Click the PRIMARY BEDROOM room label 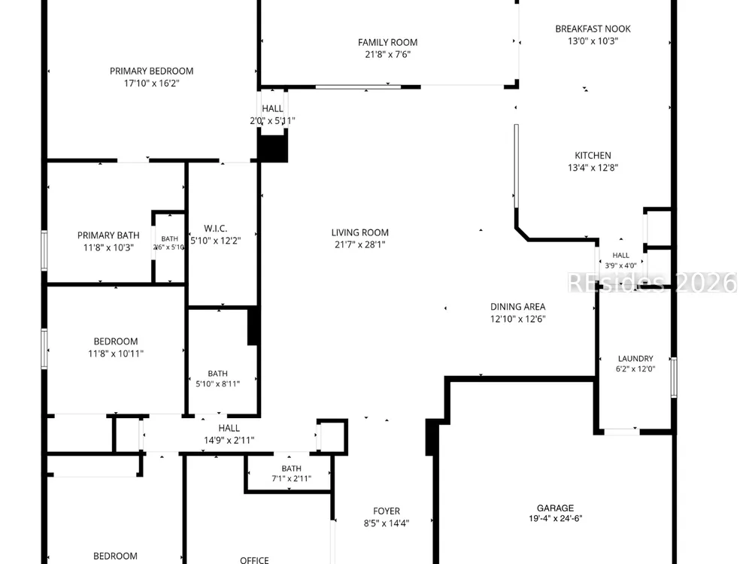pos(152,71)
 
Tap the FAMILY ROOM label pos(387,43)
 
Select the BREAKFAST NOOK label pos(593,29)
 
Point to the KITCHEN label pos(593,156)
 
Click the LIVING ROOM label pos(359,232)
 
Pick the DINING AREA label pos(517,307)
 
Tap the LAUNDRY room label pos(635,358)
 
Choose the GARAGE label pos(556,508)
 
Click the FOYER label pos(386,511)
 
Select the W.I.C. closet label pos(215,229)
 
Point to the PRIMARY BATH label pos(108,235)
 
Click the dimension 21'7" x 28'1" pos(359,244)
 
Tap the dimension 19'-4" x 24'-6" pos(556,518)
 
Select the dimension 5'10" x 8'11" pos(218,384)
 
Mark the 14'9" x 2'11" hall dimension pos(229,440)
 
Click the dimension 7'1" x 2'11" pos(292,478)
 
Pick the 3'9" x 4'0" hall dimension pos(620,265)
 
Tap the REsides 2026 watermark pos(652,283)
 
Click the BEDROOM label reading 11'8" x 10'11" pos(116,341)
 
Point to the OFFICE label pos(254,560)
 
